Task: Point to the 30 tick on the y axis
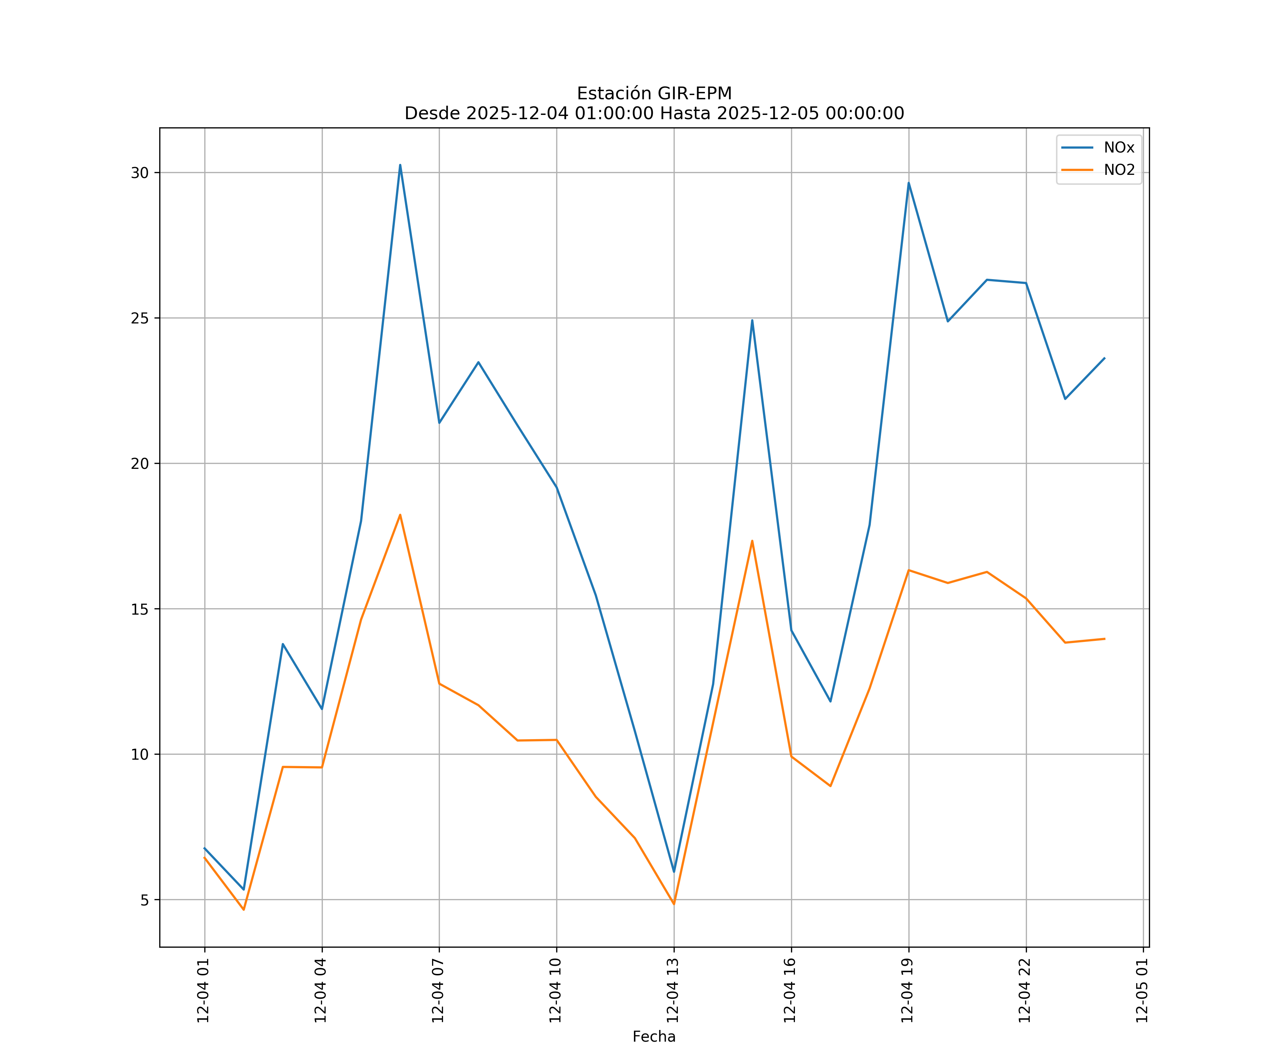[x=140, y=173]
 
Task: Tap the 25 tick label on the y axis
[x=140, y=318]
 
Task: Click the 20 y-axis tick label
[x=140, y=463]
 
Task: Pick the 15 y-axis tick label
[x=140, y=609]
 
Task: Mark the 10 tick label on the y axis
[x=140, y=754]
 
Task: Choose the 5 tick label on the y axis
[x=144, y=900]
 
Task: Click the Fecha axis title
[x=654, y=1037]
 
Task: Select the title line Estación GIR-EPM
[x=654, y=94]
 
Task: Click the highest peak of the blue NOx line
[x=400, y=165]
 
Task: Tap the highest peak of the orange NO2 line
[x=400, y=515]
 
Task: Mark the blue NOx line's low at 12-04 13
[x=674, y=872]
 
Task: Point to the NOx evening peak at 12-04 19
[x=908, y=182]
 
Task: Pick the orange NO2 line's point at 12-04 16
[x=791, y=757]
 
